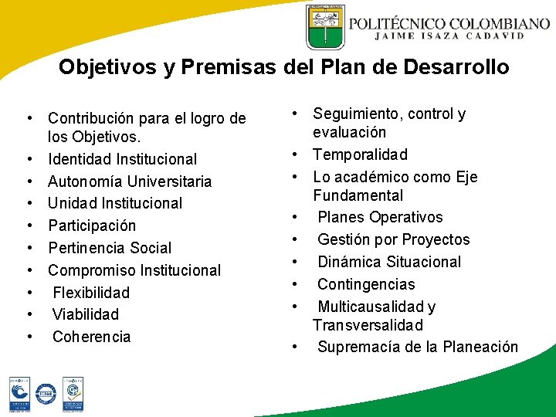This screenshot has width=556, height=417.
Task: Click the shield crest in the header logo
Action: [325, 26]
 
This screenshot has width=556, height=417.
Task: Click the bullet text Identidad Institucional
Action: [122, 159]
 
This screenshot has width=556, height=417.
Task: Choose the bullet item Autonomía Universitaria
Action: [129, 181]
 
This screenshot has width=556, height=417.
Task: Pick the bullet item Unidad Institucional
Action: [115, 203]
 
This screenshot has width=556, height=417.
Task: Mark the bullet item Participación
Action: [92, 225]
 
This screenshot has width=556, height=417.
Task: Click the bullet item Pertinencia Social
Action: [110, 248]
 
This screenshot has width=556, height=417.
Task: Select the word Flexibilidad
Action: [91, 293]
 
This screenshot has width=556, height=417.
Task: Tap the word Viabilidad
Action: [86, 314]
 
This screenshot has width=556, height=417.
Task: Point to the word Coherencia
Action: [92, 337]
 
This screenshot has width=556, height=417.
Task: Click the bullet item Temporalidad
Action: [360, 154]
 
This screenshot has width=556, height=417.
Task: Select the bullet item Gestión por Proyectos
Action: [393, 239]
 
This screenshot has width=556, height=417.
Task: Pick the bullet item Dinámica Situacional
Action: [389, 262]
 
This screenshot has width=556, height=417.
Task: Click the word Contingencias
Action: [366, 284]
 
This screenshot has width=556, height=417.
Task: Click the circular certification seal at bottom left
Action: [46, 394]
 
